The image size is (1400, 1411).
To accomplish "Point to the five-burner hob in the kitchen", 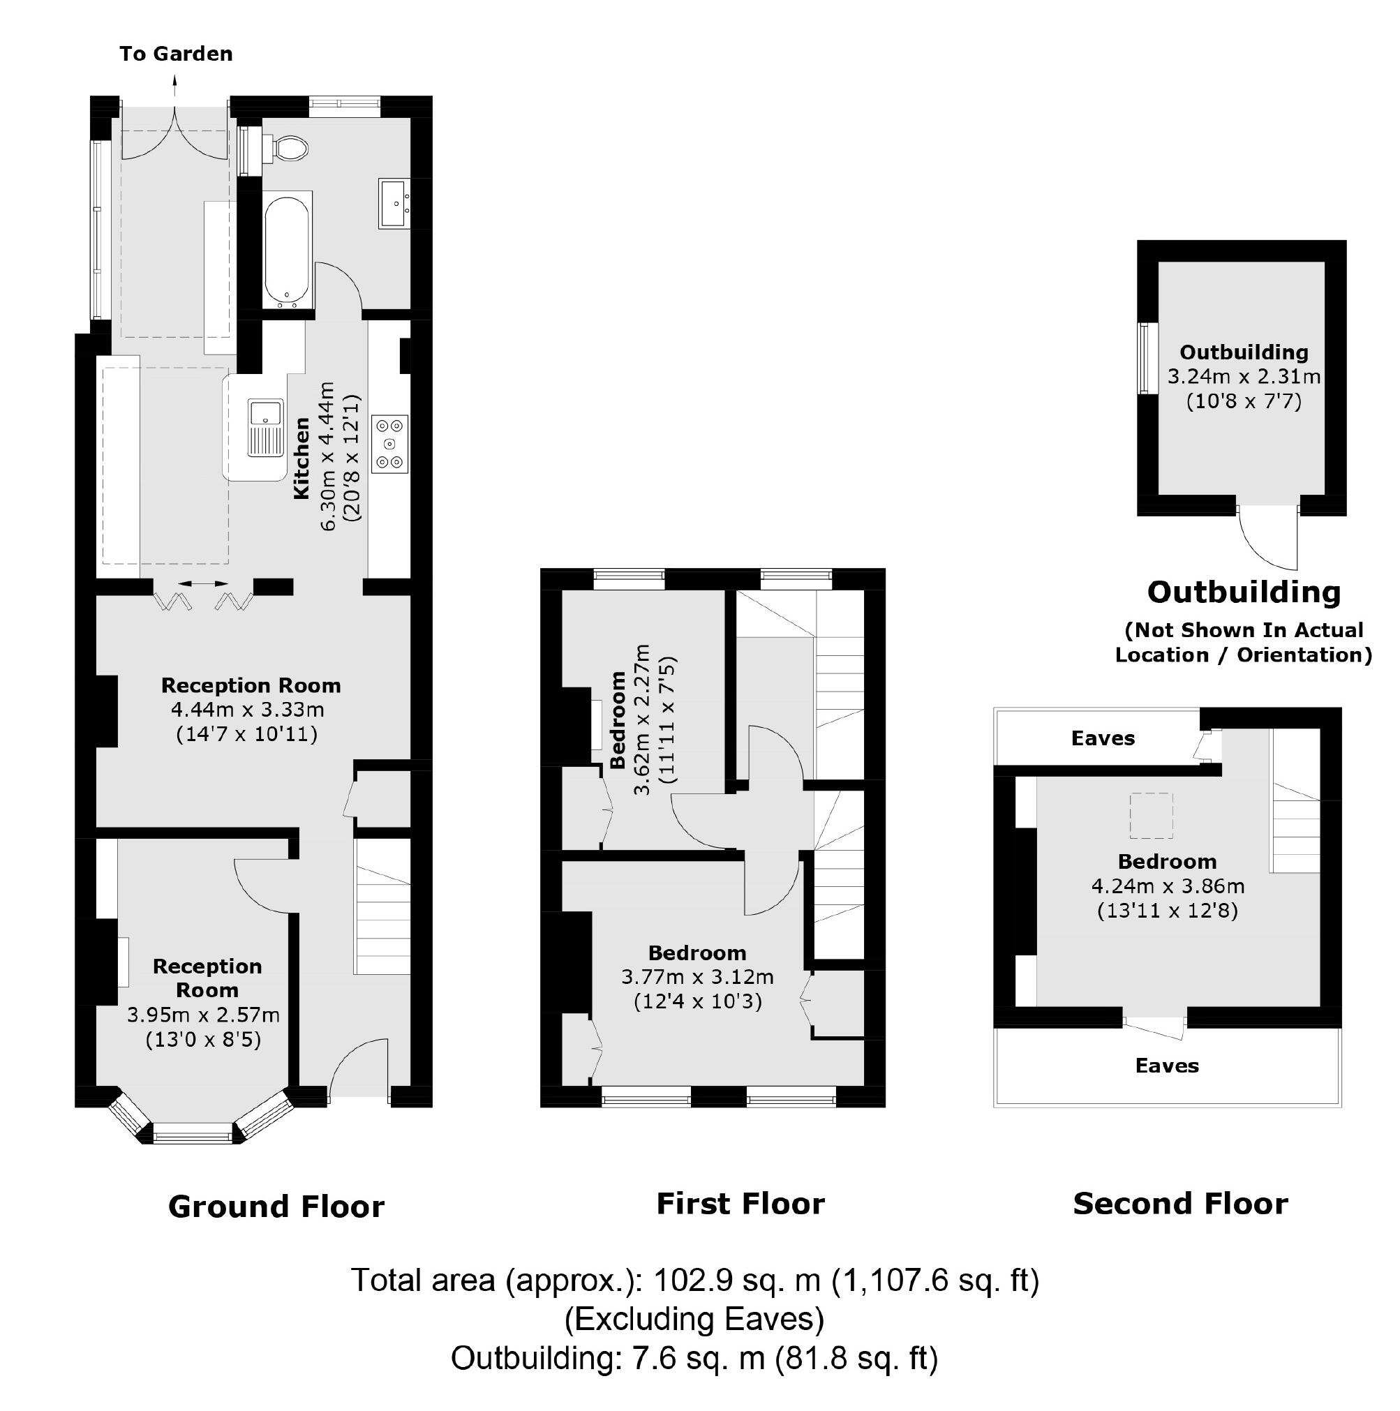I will (x=390, y=443).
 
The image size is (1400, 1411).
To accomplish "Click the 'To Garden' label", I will (x=176, y=54).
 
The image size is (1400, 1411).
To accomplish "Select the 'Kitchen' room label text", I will (x=301, y=458).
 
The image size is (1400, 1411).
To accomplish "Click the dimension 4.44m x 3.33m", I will (x=248, y=709).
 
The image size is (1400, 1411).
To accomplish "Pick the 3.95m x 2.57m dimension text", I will (x=203, y=1015).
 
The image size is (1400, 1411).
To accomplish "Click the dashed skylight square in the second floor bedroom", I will (x=1151, y=815).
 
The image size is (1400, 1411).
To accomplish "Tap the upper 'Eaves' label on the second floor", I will (x=1102, y=738).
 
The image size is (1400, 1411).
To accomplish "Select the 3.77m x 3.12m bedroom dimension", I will (x=697, y=976).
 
